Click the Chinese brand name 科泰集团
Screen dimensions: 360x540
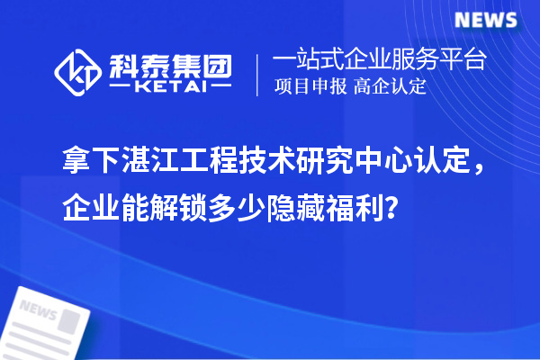pos(170,65)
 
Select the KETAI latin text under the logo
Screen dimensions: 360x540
pos(170,87)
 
